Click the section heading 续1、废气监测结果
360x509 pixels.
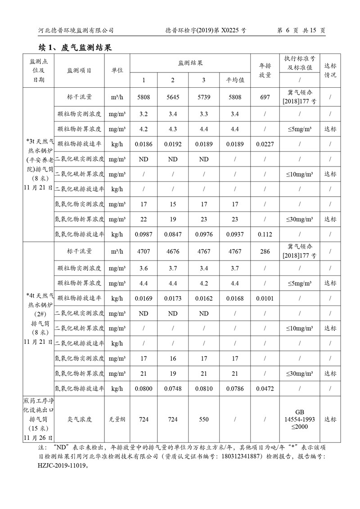pos(75,47)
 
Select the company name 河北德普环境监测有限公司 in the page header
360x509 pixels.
pos(75,31)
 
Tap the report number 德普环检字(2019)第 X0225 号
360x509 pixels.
pos(206,31)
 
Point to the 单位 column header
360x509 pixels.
pos(117,71)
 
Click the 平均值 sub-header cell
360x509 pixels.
pos(235,80)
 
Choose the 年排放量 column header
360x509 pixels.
pos(265,71)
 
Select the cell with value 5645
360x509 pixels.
pos(173,97)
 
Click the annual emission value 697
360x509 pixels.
pos(265,97)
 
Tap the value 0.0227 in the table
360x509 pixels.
pos(265,144)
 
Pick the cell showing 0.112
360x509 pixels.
pos(265,234)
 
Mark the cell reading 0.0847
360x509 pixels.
pos(173,234)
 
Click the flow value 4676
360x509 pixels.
pos(173,252)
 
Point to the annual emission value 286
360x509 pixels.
pos(265,252)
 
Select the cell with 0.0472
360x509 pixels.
pos(265,388)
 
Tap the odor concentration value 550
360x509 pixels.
pos(204,419)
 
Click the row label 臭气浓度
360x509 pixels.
pos(79,419)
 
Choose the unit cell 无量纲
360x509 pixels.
pos(117,419)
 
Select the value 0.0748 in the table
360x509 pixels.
pos(173,388)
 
